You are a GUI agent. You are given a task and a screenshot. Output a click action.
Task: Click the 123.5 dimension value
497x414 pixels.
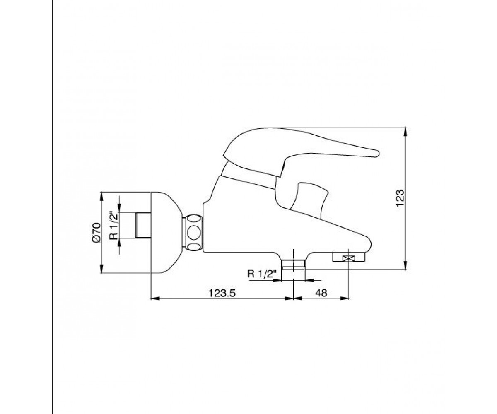pos(222,293)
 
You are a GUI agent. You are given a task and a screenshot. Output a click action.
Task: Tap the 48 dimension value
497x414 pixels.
pos(321,293)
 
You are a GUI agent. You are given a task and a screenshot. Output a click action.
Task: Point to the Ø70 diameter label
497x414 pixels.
pos(97,232)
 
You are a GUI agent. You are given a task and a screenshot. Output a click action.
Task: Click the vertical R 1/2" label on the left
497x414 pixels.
pos(113,225)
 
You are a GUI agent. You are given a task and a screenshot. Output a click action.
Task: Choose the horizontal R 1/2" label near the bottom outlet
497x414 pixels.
pos(262,274)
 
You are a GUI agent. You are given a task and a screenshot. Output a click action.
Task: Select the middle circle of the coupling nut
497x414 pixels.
pos(193,232)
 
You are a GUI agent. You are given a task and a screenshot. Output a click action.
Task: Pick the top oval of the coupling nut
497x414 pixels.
pos(193,219)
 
